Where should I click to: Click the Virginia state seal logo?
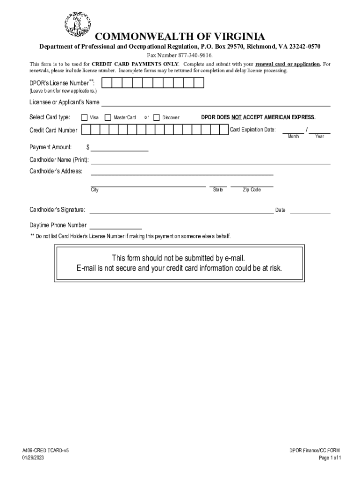coord(78,24)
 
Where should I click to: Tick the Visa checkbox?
coord(84,117)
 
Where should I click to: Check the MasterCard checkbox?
coord(108,117)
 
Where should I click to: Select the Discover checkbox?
coord(157,117)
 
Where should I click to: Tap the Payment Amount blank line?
coord(120,149)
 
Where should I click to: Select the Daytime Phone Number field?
coord(115,227)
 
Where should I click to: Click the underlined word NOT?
coord(237,117)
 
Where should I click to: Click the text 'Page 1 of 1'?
coord(330,458)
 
